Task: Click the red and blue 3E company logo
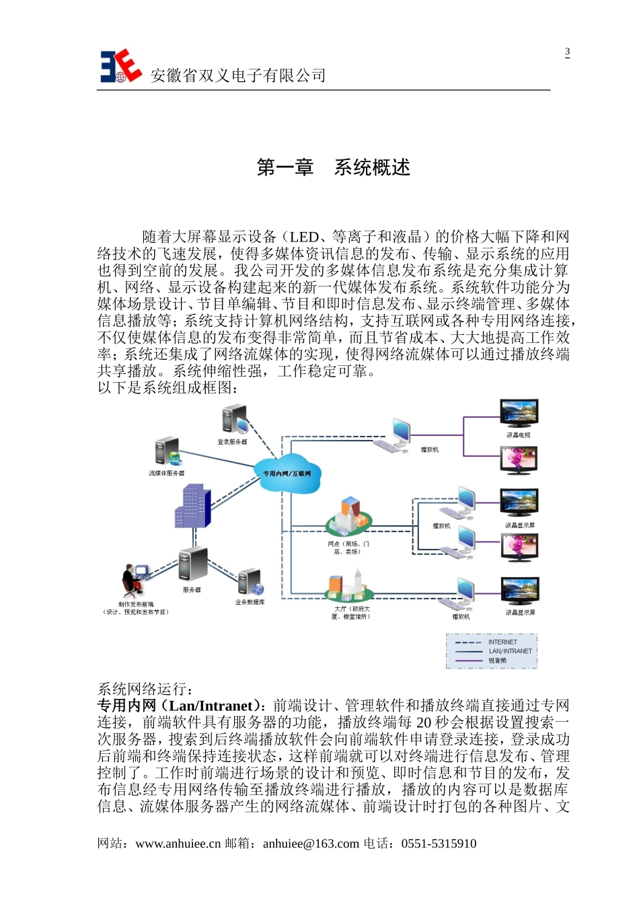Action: click(120, 67)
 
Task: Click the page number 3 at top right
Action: click(567, 52)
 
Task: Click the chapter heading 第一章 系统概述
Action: click(333, 167)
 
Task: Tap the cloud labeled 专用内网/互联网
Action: click(287, 473)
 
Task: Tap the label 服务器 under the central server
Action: click(192, 590)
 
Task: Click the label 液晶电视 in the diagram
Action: click(518, 435)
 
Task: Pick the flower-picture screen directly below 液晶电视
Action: click(519, 460)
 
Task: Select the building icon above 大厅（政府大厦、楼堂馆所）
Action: click(348, 586)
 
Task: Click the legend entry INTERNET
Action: click(502, 642)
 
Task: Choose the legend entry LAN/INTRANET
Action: click(510, 651)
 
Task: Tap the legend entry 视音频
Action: click(497, 661)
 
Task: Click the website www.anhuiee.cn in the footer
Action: click(178, 843)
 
